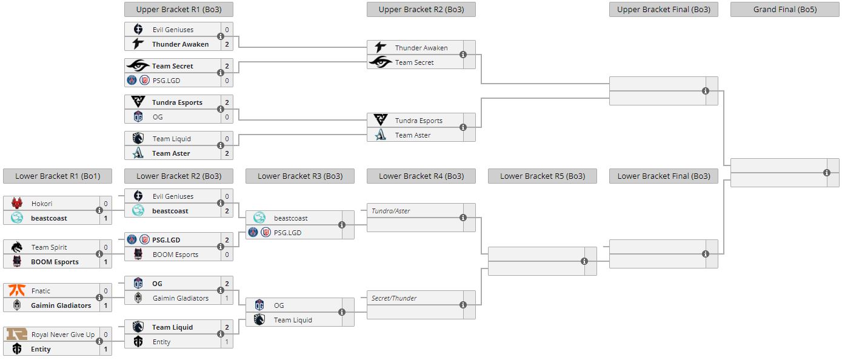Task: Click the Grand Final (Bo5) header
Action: (x=784, y=9)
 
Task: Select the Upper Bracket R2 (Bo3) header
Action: (x=421, y=9)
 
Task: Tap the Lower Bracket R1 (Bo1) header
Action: (x=58, y=176)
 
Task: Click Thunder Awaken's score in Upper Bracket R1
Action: (x=227, y=44)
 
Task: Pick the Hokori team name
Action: (x=42, y=204)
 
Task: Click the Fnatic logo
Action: (x=16, y=291)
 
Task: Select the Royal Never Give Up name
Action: (x=63, y=335)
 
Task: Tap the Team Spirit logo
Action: (x=16, y=247)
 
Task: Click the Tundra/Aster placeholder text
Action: (x=391, y=211)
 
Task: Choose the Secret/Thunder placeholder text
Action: (x=394, y=298)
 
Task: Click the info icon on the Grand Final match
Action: (x=827, y=173)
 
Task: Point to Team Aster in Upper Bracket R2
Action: (x=413, y=135)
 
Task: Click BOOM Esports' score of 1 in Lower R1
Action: (x=105, y=262)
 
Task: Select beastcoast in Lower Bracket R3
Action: (x=291, y=218)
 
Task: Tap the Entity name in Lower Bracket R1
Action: (x=41, y=349)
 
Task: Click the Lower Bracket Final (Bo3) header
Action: (x=663, y=176)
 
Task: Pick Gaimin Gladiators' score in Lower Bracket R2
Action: (x=227, y=298)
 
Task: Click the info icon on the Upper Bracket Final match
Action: (x=706, y=91)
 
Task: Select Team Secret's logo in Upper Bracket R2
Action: (x=380, y=62)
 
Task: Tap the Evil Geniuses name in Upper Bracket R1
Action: (x=173, y=30)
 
